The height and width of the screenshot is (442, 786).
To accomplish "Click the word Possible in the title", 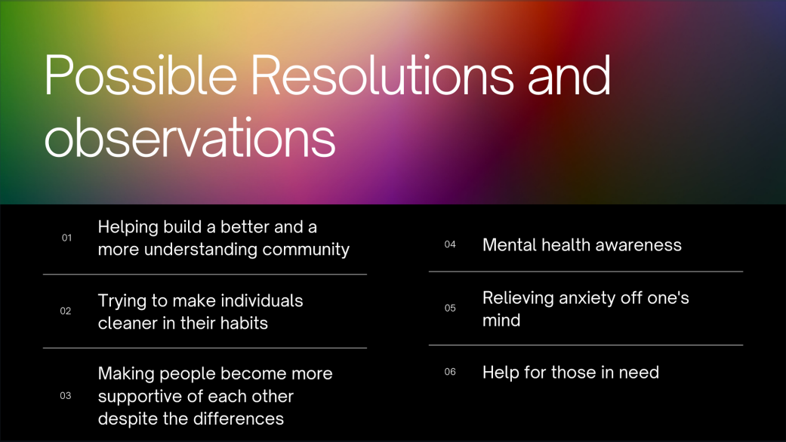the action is click(140, 75).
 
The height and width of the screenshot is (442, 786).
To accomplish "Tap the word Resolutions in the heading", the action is click(382, 75).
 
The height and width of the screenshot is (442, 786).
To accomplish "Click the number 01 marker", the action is click(66, 238).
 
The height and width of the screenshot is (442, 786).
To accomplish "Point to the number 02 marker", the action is click(66, 311).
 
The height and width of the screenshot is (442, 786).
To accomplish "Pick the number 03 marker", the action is click(66, 395).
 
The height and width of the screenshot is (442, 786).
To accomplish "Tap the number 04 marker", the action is click(450, 244).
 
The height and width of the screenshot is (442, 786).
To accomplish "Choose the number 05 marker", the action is click(450, 308).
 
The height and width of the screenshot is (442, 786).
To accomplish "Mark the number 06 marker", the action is click(450, 371).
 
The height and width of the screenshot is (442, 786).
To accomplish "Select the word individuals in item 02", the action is click(262, 300).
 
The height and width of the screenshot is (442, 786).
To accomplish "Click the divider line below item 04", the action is click(586, 272).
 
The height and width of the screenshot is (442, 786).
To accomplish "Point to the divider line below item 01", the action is click(205, 275).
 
